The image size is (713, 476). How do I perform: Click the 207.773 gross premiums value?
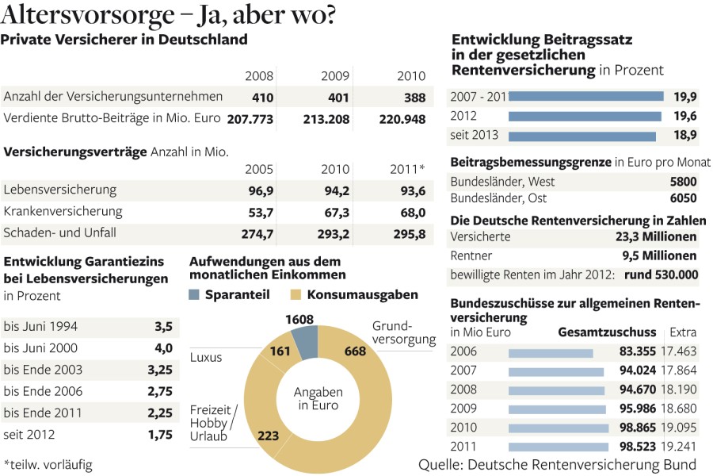(250, 118)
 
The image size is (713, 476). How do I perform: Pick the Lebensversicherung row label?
(60, 190)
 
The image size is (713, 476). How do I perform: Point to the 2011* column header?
(408, 170)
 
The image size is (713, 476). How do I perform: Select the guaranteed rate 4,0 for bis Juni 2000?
(163, 347)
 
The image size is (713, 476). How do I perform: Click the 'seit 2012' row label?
(29, 434)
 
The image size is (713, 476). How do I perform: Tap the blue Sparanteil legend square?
(195, 295)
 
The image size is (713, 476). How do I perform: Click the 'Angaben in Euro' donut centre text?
(318, 399)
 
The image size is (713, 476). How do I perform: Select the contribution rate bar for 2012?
(584, 116)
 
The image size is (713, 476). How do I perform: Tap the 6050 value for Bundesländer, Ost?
(683, 198)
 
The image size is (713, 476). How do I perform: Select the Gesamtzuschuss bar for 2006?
(551, 353)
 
